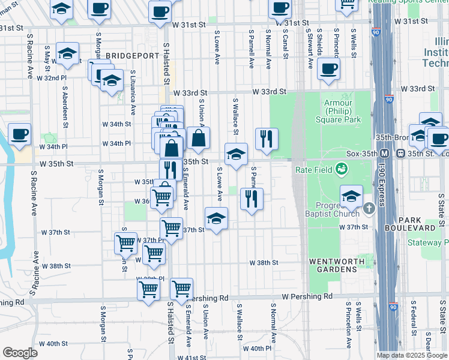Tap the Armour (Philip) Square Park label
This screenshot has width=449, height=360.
coord(342,111)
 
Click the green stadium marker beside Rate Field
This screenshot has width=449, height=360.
coord(341,170)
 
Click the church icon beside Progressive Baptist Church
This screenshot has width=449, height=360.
coord(369,208)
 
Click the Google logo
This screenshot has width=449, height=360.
coord(20,352)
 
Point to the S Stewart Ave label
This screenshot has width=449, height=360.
coord(310,46)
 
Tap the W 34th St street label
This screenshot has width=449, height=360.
coord(118,124)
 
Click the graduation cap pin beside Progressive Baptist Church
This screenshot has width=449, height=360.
coord(351,196)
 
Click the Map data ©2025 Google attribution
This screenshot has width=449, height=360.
coord(411,355)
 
